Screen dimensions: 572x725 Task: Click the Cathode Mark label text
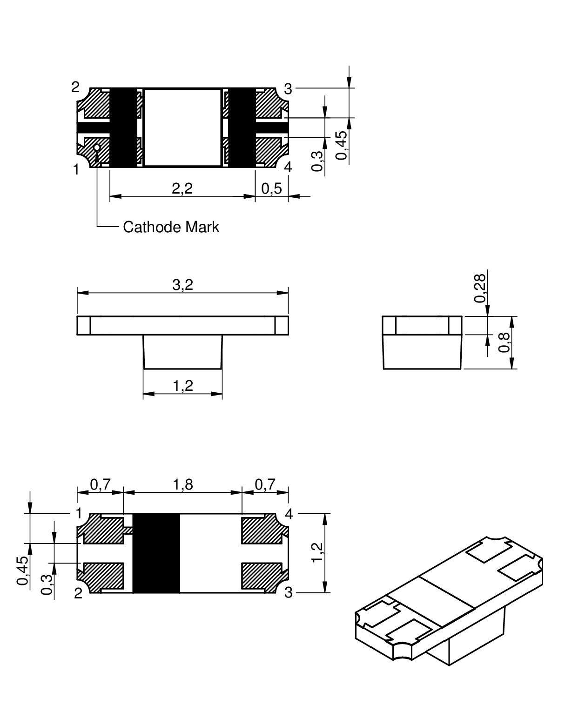171,227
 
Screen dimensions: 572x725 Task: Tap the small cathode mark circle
97,148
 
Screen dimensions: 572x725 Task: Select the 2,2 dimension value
182,188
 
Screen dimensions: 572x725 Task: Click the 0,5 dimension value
271,188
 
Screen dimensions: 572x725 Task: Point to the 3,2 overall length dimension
183,285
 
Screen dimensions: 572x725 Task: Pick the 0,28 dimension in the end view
480,289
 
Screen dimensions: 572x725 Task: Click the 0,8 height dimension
505,342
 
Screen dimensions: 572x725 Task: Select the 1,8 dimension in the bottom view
183,485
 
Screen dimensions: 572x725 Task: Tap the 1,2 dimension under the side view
183,385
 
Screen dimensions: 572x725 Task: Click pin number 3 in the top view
288,89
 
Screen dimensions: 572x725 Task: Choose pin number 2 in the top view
75,87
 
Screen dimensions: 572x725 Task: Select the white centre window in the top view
182,128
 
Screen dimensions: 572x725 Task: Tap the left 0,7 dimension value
101,485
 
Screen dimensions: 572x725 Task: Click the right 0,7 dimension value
265,485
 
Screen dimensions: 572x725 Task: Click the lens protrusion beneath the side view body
183,352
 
